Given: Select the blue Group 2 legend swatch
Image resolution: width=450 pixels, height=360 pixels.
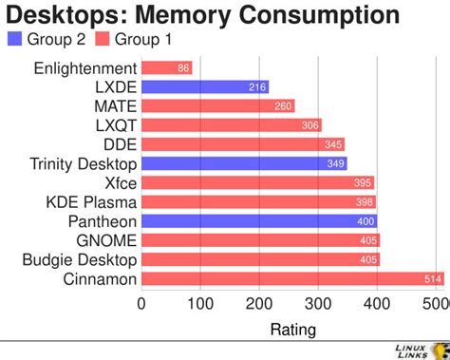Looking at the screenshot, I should click(13, 40).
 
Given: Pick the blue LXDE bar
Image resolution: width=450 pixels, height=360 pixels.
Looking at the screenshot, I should click(205, 86).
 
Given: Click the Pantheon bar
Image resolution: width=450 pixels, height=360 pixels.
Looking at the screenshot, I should click(259, 220).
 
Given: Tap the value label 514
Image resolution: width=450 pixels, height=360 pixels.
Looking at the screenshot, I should click(432, 278).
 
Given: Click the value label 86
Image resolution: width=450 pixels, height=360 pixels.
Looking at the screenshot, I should click(183, 67).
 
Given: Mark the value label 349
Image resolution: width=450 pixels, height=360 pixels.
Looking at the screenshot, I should click(336, 163).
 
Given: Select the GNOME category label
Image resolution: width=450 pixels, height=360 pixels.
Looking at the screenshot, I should click(108, 240).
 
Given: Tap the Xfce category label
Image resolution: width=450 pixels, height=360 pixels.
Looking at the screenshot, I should click(121, 182).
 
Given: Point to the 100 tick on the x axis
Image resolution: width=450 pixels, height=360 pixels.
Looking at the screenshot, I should click(200, 304).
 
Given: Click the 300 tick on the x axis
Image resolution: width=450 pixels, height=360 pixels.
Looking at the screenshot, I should click(318, 304).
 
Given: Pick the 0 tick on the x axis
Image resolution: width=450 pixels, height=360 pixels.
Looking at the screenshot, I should click(141, 304).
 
